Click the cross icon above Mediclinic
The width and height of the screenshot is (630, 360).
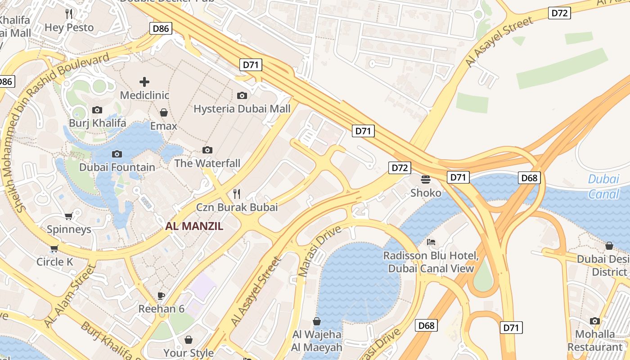(x=144, y=82)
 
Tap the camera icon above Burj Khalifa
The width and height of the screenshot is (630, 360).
(x=97, y=110)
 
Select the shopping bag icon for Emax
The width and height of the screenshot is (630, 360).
(x=164, y=112)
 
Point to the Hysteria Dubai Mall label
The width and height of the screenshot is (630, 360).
(x=242, y=109)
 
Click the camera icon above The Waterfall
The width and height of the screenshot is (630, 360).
(x=207, y=150)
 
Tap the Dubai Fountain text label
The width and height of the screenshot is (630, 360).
(x=117, y=167)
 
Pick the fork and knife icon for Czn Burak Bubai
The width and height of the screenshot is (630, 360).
(x=237, y=194)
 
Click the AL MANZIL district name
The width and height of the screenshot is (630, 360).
(x=194, y=226)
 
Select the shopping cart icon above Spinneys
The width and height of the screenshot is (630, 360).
(x=69, y=216)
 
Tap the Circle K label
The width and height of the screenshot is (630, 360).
(x=54, y=262)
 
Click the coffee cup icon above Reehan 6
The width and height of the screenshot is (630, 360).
(x=161, y=296)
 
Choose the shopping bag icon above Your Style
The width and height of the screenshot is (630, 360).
(x=189, y=340)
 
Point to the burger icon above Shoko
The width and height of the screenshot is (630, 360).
(x=426, y=180)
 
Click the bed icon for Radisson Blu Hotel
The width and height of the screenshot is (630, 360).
(x=431, y=242)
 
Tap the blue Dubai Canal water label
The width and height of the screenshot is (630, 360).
(x=603, y=186)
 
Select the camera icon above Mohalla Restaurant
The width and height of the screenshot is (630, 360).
(x=595, y=321)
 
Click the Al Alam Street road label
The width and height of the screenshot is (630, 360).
(x=70, y=296)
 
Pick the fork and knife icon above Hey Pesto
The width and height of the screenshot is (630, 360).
(x=69, y=14)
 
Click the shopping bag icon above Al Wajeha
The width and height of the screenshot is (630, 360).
(x=317, y=321)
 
